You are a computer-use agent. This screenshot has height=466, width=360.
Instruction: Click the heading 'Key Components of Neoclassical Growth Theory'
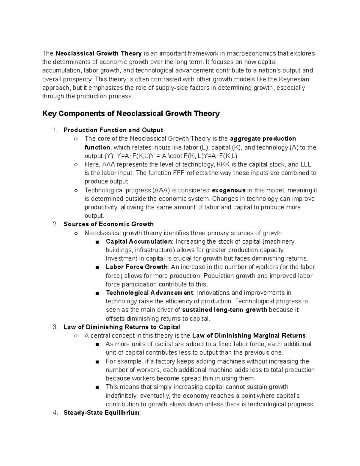click(x=131, y=114)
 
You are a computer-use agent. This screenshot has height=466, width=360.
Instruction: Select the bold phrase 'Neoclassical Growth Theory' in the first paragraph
click(x=98, y=53)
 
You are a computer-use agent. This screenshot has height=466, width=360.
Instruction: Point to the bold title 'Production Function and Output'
click(x=113, y=130)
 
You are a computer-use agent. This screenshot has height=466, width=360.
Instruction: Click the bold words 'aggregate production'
click(x=263, y=139)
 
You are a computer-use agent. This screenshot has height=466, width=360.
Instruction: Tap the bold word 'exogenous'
click(x=229, y=190)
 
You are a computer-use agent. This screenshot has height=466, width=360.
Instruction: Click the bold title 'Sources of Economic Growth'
click(x=109, y=224)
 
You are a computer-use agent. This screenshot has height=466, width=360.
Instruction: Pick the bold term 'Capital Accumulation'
click(x=139, y=242)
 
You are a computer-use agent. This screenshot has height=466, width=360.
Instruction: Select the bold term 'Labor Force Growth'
click(x=136, y=267)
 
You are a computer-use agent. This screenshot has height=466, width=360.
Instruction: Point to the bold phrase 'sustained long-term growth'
click(x=225, y=310)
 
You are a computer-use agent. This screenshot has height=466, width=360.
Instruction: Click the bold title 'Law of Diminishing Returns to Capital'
click(x=122, y=327)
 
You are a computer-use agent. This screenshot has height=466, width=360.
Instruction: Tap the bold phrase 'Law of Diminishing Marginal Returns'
click(x=249, y=335)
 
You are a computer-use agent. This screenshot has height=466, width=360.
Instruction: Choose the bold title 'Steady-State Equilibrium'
click(x=101, y=413)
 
